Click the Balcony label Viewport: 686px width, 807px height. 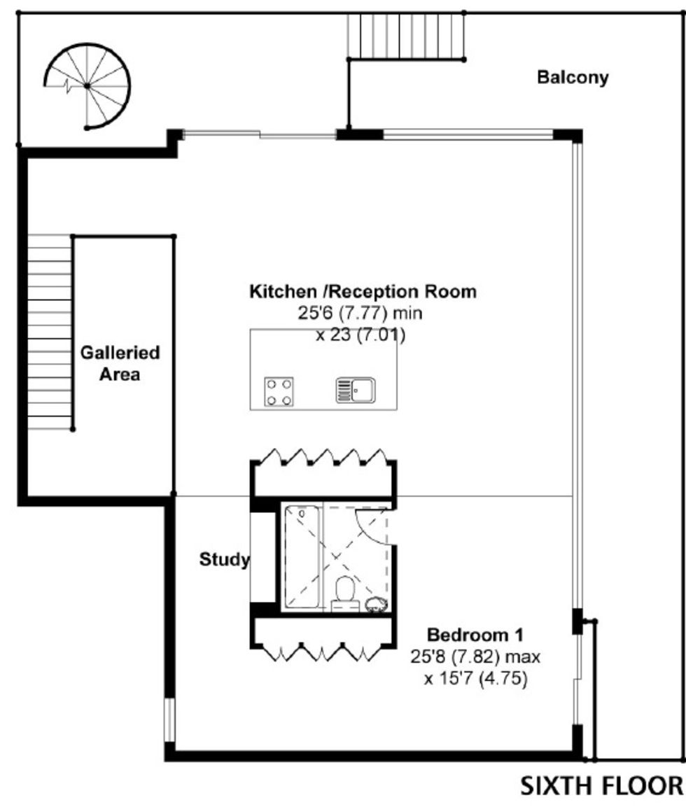pos(573,77)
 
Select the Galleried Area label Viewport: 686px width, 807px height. pos(120,363)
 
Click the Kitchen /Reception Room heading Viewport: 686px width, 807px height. pos(363,291)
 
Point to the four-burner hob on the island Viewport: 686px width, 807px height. pos(279,392)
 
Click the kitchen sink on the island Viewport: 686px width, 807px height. pos(356,390)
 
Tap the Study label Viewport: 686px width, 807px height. pos(225,559)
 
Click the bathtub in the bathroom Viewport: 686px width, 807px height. pos(302,558)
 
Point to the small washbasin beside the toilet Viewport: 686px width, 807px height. pos(376,604)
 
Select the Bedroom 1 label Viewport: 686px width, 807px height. pos(475,635)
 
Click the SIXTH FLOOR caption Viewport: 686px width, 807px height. pos(602,787)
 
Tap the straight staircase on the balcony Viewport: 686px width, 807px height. pos(406,36)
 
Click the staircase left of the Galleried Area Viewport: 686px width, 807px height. pos(50,332)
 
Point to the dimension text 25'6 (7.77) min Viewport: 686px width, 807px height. pos(360,313)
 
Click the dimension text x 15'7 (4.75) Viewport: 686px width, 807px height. pos(476,680)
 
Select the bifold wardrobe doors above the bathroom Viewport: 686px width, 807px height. pos(323,456)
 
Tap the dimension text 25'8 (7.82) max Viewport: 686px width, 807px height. pos(475,657)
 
